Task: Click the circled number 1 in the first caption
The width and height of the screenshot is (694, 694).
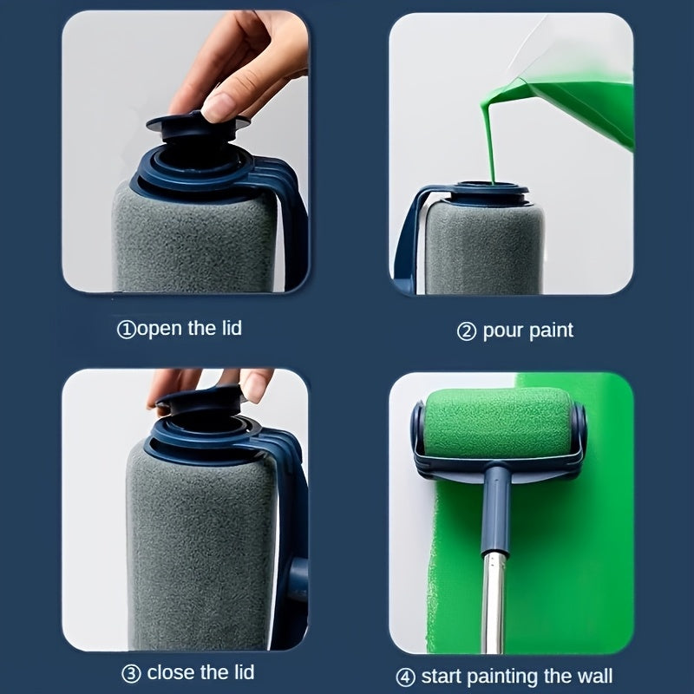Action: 126,330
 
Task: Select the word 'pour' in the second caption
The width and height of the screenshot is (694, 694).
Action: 502,331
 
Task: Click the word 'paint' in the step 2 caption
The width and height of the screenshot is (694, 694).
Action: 550,331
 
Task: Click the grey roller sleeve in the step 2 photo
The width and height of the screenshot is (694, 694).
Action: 482,247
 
